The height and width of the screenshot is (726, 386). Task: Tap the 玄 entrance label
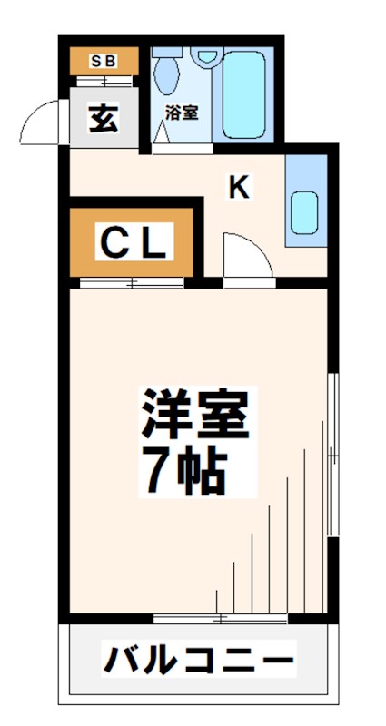click(x=103, y=119)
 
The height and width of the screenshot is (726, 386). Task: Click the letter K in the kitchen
click(x=238, y=188)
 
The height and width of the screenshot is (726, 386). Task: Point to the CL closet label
click(x=133, y=242)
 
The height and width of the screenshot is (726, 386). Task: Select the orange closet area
click(x=133, y=242)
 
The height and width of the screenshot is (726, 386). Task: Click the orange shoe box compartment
click(x=104, y=62)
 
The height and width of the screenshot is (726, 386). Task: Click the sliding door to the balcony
click(x=221, y=620)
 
